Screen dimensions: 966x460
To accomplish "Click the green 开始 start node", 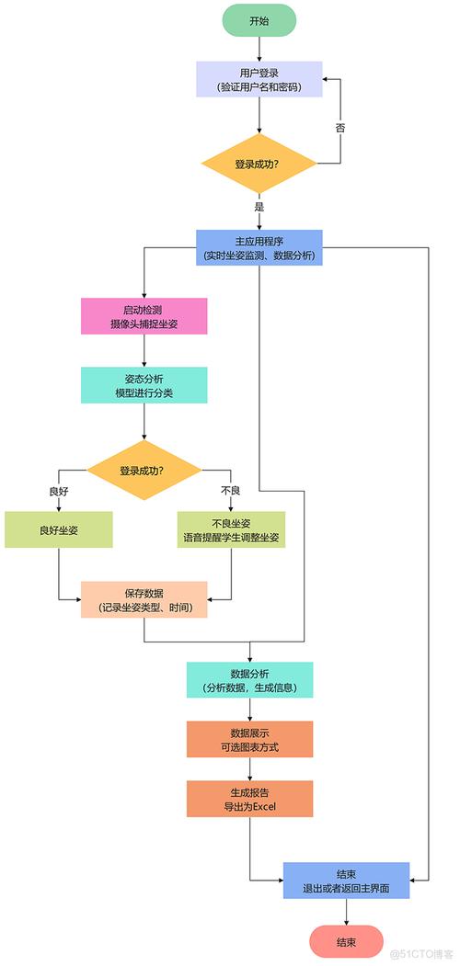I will pos(259,20).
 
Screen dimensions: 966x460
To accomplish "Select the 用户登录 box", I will pos(259,79).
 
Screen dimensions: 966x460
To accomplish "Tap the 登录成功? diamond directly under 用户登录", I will pos(259,164).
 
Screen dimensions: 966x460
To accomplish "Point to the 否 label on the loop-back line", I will pos(340,128).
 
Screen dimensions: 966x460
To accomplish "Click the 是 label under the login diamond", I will pos(259,207).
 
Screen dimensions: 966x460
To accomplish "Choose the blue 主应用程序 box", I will pos(259,247).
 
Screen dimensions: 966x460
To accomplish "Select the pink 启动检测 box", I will pos(144,316).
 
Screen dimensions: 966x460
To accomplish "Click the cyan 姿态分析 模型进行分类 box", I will pos(144,385).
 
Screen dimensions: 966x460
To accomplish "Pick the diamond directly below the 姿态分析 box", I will pos(144,470).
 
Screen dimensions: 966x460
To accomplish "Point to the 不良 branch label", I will pos(230,491).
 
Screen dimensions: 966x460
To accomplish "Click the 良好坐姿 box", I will pos(59,529).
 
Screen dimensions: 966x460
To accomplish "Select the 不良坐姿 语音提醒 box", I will pos(230,529).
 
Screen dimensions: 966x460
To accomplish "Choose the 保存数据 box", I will pos(144,599).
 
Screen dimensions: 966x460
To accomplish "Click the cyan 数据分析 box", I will pos(250,680).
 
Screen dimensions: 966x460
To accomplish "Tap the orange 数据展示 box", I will pos(250,739).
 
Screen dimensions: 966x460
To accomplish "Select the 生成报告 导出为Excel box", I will pos(250,799).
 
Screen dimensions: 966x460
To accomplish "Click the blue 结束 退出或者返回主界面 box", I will pos(346,881).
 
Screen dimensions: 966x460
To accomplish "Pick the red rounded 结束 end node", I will pos(346,941).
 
